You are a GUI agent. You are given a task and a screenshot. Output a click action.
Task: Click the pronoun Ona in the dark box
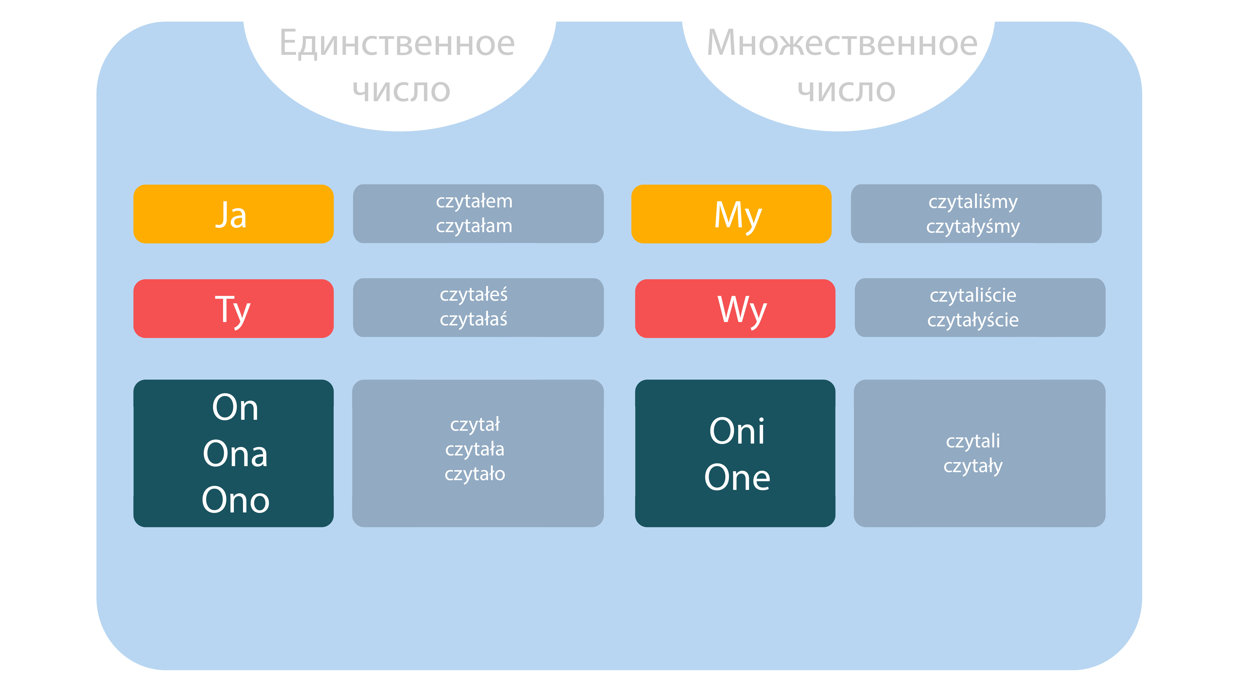(235, 454)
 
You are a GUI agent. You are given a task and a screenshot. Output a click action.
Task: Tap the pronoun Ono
(235, 500)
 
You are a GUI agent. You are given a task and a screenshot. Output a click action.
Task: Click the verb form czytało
(475, 474)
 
